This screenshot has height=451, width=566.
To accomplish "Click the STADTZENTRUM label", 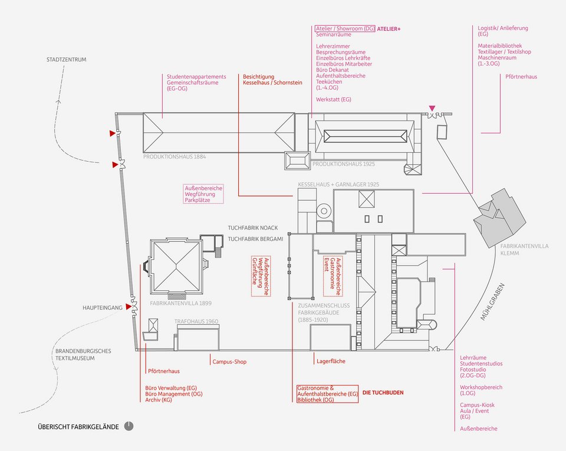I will point(67,60).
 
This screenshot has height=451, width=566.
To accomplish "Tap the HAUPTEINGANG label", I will point(103,308).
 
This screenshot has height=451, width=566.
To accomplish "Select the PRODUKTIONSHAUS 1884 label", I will point(175,157).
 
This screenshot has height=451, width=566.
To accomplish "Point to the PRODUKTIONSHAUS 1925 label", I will point(344,164).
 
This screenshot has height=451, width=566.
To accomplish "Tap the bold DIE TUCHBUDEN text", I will point(383,392).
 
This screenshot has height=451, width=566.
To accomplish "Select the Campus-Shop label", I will point(229,361).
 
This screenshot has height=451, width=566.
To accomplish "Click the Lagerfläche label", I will point(330,361).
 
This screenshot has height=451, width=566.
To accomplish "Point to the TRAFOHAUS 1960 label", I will point(196,322).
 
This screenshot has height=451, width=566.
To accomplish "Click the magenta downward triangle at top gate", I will point(433,108).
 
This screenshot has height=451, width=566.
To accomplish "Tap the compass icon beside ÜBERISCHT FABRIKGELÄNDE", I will point(129,426).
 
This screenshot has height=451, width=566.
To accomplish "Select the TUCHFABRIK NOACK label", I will point(252,227).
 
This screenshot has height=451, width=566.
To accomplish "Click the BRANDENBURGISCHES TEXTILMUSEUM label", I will point(83,354).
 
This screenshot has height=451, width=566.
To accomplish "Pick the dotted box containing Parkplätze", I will point(203,194).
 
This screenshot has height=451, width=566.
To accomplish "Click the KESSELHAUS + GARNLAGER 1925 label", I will point(338,184).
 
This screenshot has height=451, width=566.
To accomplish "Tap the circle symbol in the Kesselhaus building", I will point(324,210).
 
